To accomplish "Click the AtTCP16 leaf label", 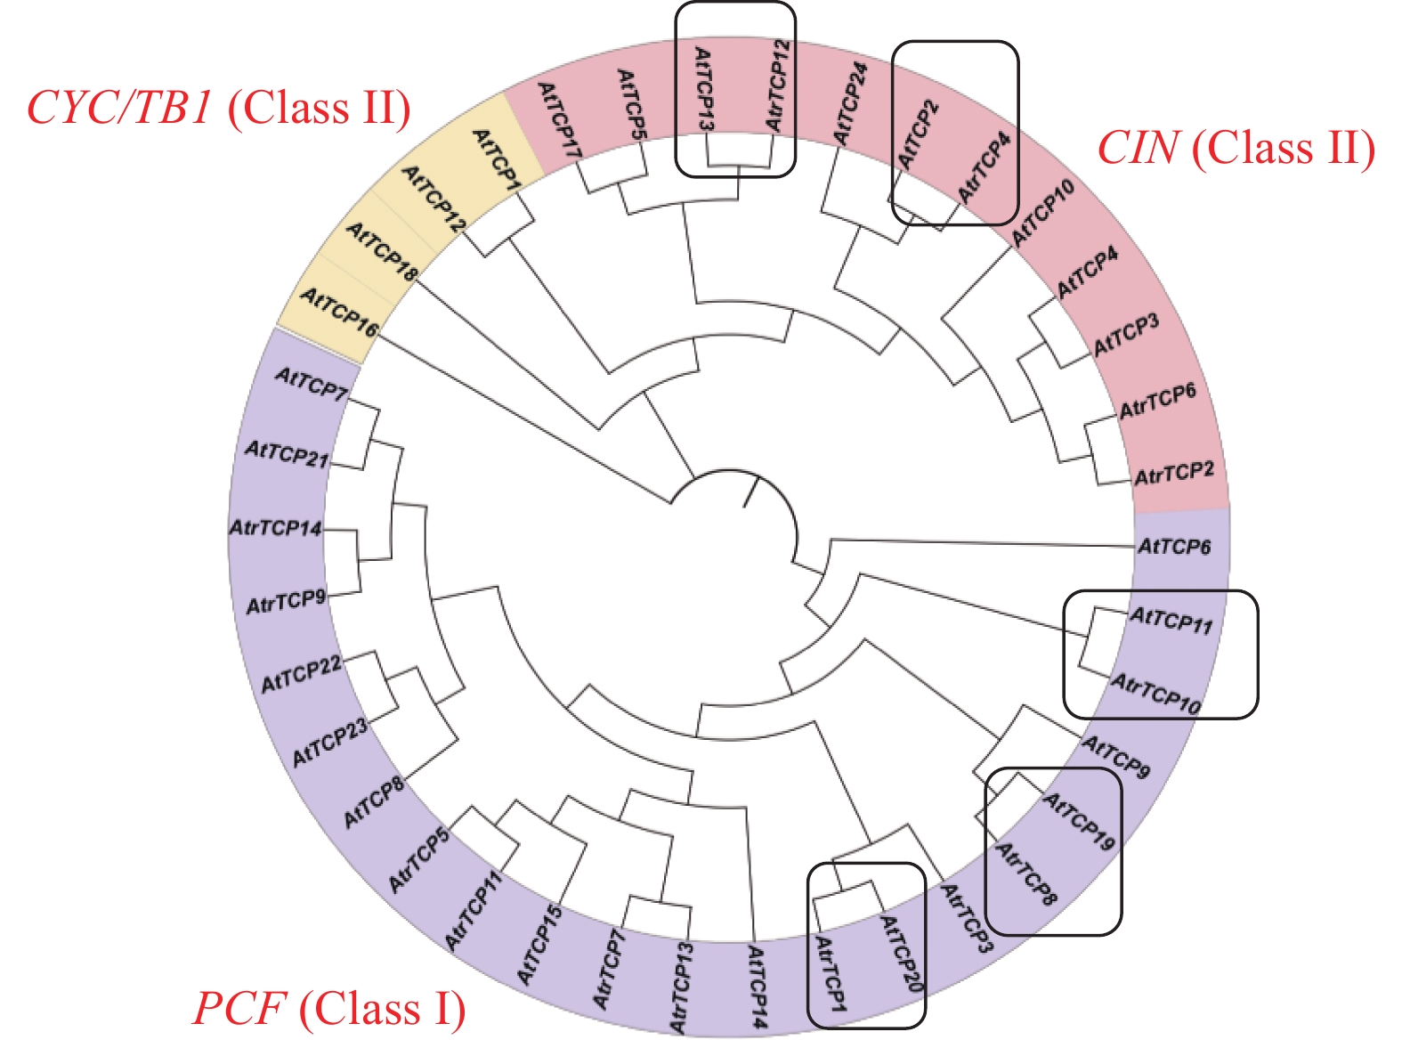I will point(339,312).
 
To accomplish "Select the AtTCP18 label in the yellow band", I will point(382,253).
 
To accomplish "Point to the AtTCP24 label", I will point(850,103).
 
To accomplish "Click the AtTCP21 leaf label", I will point(287,454).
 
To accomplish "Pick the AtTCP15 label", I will point(539,945).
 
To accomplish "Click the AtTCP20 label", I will point(901,954).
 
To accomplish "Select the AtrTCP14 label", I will point(276,528).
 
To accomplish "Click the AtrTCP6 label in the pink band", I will point(1157,402).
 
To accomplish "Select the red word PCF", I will point(239,1009).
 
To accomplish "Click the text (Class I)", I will point(383,1009).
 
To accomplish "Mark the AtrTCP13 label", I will point(683,988).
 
